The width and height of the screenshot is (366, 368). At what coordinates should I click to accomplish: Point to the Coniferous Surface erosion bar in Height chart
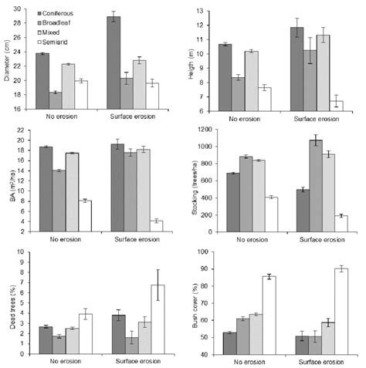coord(297,69)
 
